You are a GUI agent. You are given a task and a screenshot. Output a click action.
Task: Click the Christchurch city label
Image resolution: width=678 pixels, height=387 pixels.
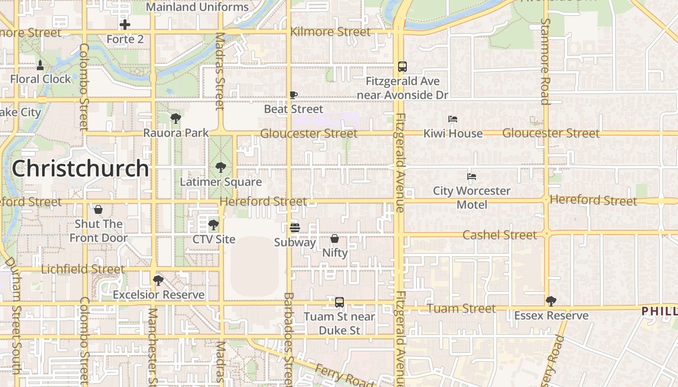click(x=80, y=168)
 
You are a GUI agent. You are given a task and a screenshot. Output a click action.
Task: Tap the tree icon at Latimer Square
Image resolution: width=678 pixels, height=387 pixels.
click(x=221, y=167)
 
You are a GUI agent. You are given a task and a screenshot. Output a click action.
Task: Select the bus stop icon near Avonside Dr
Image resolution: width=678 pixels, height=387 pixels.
click(x=402, y=67)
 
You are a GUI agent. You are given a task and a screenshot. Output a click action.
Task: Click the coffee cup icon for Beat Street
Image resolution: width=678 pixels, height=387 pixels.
click(x=293, y=95)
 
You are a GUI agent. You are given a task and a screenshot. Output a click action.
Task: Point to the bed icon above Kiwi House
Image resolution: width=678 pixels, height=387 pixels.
click(x=453, y=119)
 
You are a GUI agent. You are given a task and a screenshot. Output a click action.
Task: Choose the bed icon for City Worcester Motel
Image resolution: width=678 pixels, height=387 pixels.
click(x=472, y=177)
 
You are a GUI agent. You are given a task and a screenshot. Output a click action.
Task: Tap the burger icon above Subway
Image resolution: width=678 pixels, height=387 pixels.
click(x=294, y=227)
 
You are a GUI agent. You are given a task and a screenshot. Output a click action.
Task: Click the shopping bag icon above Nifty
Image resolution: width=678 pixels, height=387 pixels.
click(x=335, y=238)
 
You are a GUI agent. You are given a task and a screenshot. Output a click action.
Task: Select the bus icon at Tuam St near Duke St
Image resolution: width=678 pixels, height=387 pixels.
click(x=339, y=302)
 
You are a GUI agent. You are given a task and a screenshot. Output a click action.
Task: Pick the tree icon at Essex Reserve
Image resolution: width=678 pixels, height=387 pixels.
click(x=551, y=301)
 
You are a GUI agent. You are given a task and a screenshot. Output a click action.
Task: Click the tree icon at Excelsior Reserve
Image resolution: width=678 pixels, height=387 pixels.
click(x=158, y=280)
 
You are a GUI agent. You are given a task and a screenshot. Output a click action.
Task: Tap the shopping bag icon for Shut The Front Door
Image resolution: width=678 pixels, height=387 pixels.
click(x=98, y=209)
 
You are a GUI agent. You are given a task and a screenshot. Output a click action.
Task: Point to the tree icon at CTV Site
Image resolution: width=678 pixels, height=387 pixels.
click(x=213, y=225)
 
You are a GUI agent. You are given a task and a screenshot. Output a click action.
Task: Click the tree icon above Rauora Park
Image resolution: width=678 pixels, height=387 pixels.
click(x=176, y=118)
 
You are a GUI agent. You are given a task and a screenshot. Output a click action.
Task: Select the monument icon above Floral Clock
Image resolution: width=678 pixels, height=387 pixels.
click(x=40, y=65)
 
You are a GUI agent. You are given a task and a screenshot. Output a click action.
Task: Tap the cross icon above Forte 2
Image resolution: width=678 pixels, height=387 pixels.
click(x=125, y=25)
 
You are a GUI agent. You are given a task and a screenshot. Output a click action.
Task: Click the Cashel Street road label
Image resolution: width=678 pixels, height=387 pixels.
click(x=500, y=235)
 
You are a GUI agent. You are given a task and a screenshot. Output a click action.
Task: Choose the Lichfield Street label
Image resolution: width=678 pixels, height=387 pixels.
click(x=83, y=269)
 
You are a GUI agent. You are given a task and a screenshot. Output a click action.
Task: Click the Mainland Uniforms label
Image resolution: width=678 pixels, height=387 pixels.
click(x=197, y=7)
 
